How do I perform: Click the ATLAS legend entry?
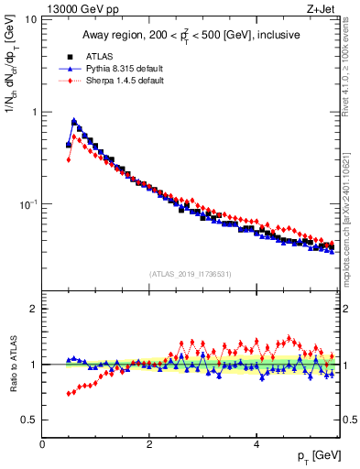(98, 56)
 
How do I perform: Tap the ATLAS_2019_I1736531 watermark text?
(191, 274)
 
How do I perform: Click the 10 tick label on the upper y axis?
(30, 20)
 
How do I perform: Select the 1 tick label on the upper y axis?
(33, 112)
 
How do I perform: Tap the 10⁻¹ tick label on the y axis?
(27, 203)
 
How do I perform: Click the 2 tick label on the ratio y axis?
(33, 309)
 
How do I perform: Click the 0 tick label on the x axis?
(42, 444)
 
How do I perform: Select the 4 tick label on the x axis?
(256, 444)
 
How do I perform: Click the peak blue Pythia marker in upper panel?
(73, 120)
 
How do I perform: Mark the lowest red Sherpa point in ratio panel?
(69, 394)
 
